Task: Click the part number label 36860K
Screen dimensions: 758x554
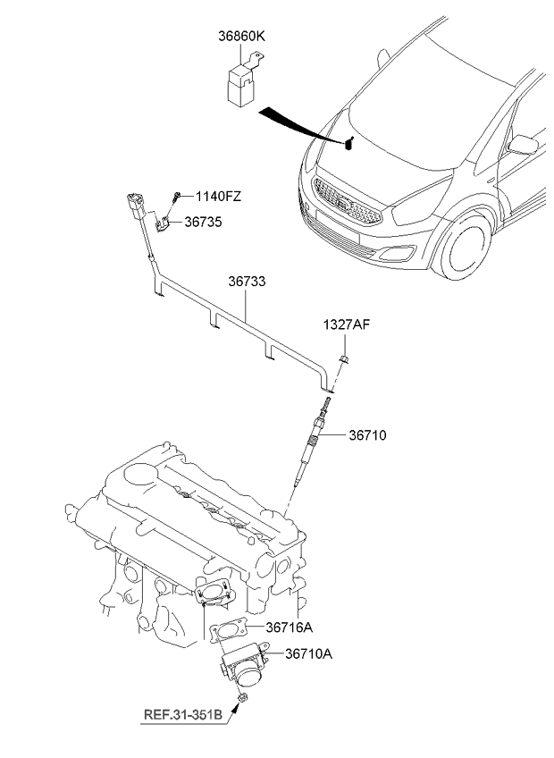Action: [x=242, y=38]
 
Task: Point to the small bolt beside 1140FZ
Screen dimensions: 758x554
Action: [x=179, y=196]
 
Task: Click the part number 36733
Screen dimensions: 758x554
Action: [x=246, y=281]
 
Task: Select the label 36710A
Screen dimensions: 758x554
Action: [x=308, y=654]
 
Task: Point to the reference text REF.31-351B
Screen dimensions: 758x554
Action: [x=185, y=714]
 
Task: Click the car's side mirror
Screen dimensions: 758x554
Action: [x=518, y=143]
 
